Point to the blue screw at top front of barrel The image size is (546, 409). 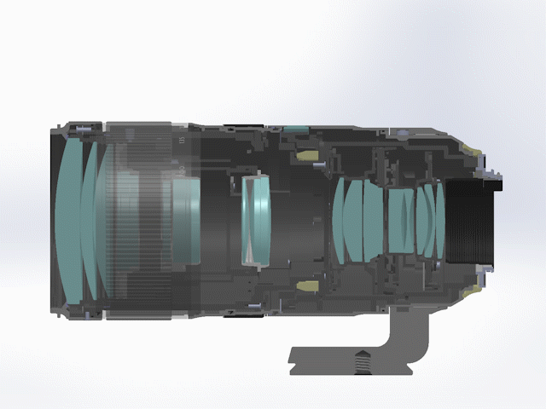pos(78,130)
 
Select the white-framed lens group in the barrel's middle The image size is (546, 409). pos(255,219)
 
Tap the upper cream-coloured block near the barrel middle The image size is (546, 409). pos(305,157)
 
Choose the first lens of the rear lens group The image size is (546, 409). pos(341,220)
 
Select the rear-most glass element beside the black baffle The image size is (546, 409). pos(439,220)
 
